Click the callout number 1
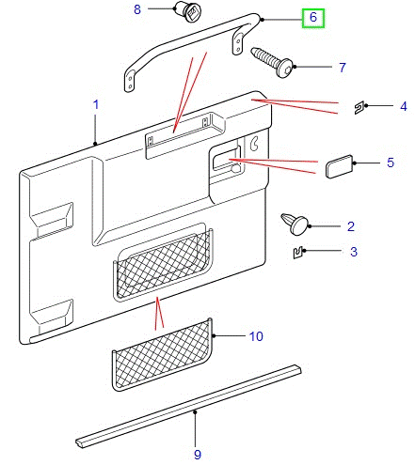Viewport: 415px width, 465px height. (x=95, y=106)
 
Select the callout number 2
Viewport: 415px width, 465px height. (x=350, y=226)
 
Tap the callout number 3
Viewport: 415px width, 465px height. (x=354, y=251)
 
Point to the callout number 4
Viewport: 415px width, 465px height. (x=403, y=106)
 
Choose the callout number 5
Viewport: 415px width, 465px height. (x=390, y=163)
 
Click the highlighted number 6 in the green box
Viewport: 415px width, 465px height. (x=313, y=17)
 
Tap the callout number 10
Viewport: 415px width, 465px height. (x=256, y=335)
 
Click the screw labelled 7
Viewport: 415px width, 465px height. (x=274, y=62)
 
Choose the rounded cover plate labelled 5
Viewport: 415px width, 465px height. (x=339, y=168)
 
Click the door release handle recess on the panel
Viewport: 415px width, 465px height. (x=225, y=161)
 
